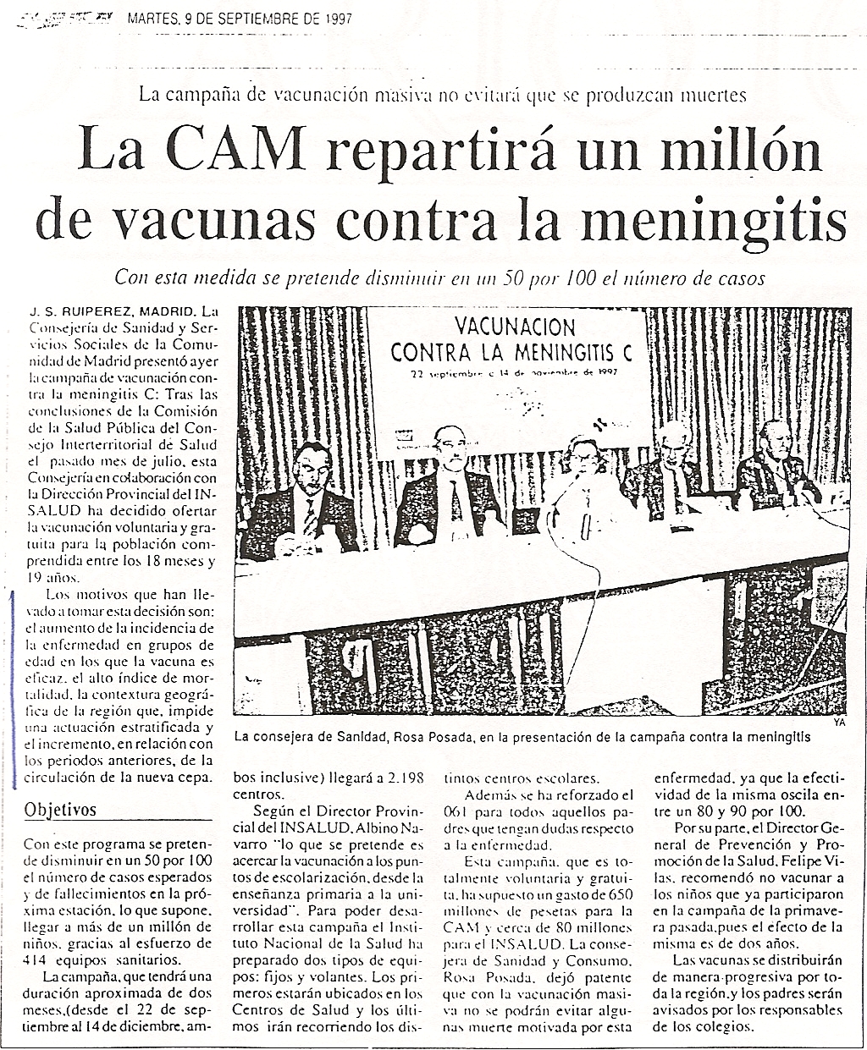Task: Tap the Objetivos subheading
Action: click(x=60, y=810)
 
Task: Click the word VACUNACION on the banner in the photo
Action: click(x=515, y=327)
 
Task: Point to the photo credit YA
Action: click(x=839, y=722)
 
